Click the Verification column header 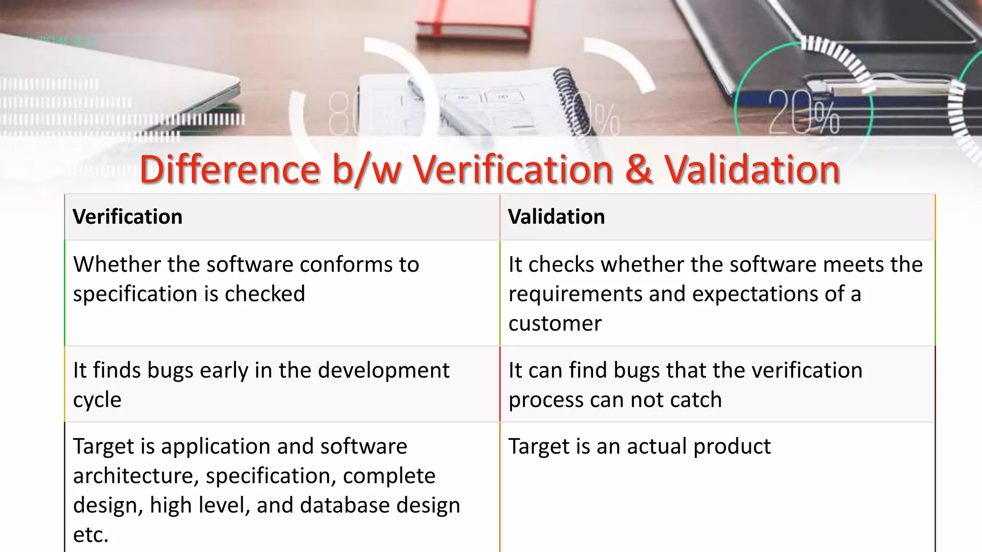click(128, 217)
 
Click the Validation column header click(556, 217)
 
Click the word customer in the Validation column click(555, 324)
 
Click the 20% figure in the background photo click(804, 113)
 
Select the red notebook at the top click(472, 19)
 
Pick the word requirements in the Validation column click(575, 294)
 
